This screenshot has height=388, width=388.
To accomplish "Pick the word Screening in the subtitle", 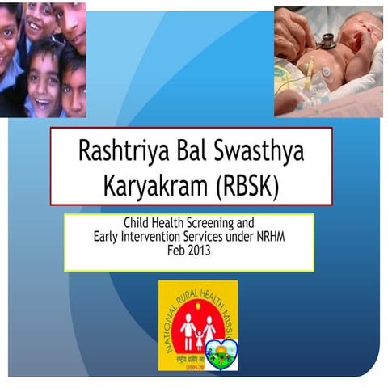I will pos(213,221).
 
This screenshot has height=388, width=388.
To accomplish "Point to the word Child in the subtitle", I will pos(137,221).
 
